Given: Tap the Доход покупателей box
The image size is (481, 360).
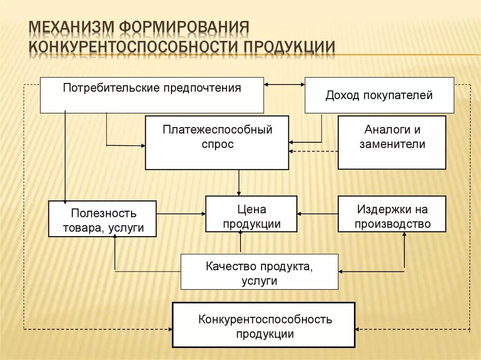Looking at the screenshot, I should (x=379, y=95).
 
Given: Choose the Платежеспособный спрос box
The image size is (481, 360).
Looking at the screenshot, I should (x=217, y=143).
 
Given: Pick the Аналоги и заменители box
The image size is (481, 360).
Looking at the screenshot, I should (x=392, y=143).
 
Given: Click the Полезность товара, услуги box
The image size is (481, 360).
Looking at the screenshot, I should (x=102, y=219).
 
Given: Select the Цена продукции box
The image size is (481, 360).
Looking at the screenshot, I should (x=251, y=214).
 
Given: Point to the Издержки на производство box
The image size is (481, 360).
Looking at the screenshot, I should (x=392, y=214).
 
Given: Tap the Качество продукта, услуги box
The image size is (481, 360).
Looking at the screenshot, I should (x=259, y=272).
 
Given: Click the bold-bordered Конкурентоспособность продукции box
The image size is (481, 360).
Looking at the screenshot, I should (x=264, y=325).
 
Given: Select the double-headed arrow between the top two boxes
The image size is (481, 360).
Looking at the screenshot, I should (x=284, y=84).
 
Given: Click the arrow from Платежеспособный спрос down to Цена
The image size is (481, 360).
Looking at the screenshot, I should (x=239, y=183).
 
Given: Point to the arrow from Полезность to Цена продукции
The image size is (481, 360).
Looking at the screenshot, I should (x=181, y=214).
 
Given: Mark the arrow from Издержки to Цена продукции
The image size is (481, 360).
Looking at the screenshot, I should (x=318, y=214).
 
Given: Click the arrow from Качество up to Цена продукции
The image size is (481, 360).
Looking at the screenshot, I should (x=240, y=243).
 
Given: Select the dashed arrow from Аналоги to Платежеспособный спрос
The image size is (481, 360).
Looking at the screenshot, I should (x=313, y=151).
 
